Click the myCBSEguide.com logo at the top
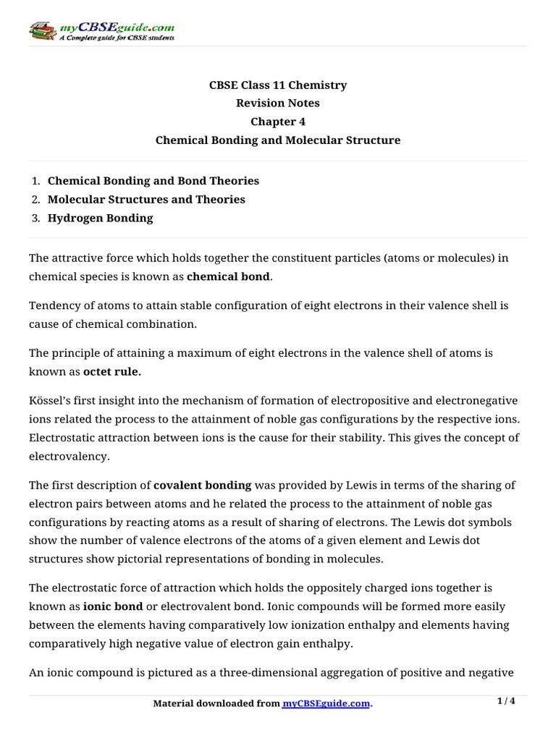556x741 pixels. [x=101, y=30]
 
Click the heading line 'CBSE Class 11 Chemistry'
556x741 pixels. [x=278, y=85]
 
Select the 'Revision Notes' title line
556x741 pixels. [x=278, y=103]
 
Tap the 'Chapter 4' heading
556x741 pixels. [x=278, y=122]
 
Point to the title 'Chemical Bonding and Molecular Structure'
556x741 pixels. [x=278, y=140]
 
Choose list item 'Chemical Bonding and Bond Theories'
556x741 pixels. [x=153, y=181]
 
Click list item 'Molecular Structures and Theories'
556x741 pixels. [x=146, y=199]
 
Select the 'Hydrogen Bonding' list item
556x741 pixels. [x=100, y=218]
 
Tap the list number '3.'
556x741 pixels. [x=35, y=218]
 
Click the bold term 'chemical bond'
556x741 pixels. [x=228, y=276]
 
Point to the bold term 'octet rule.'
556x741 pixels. [x=112, y=372]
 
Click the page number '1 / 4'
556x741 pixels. [x=507, y=701]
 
